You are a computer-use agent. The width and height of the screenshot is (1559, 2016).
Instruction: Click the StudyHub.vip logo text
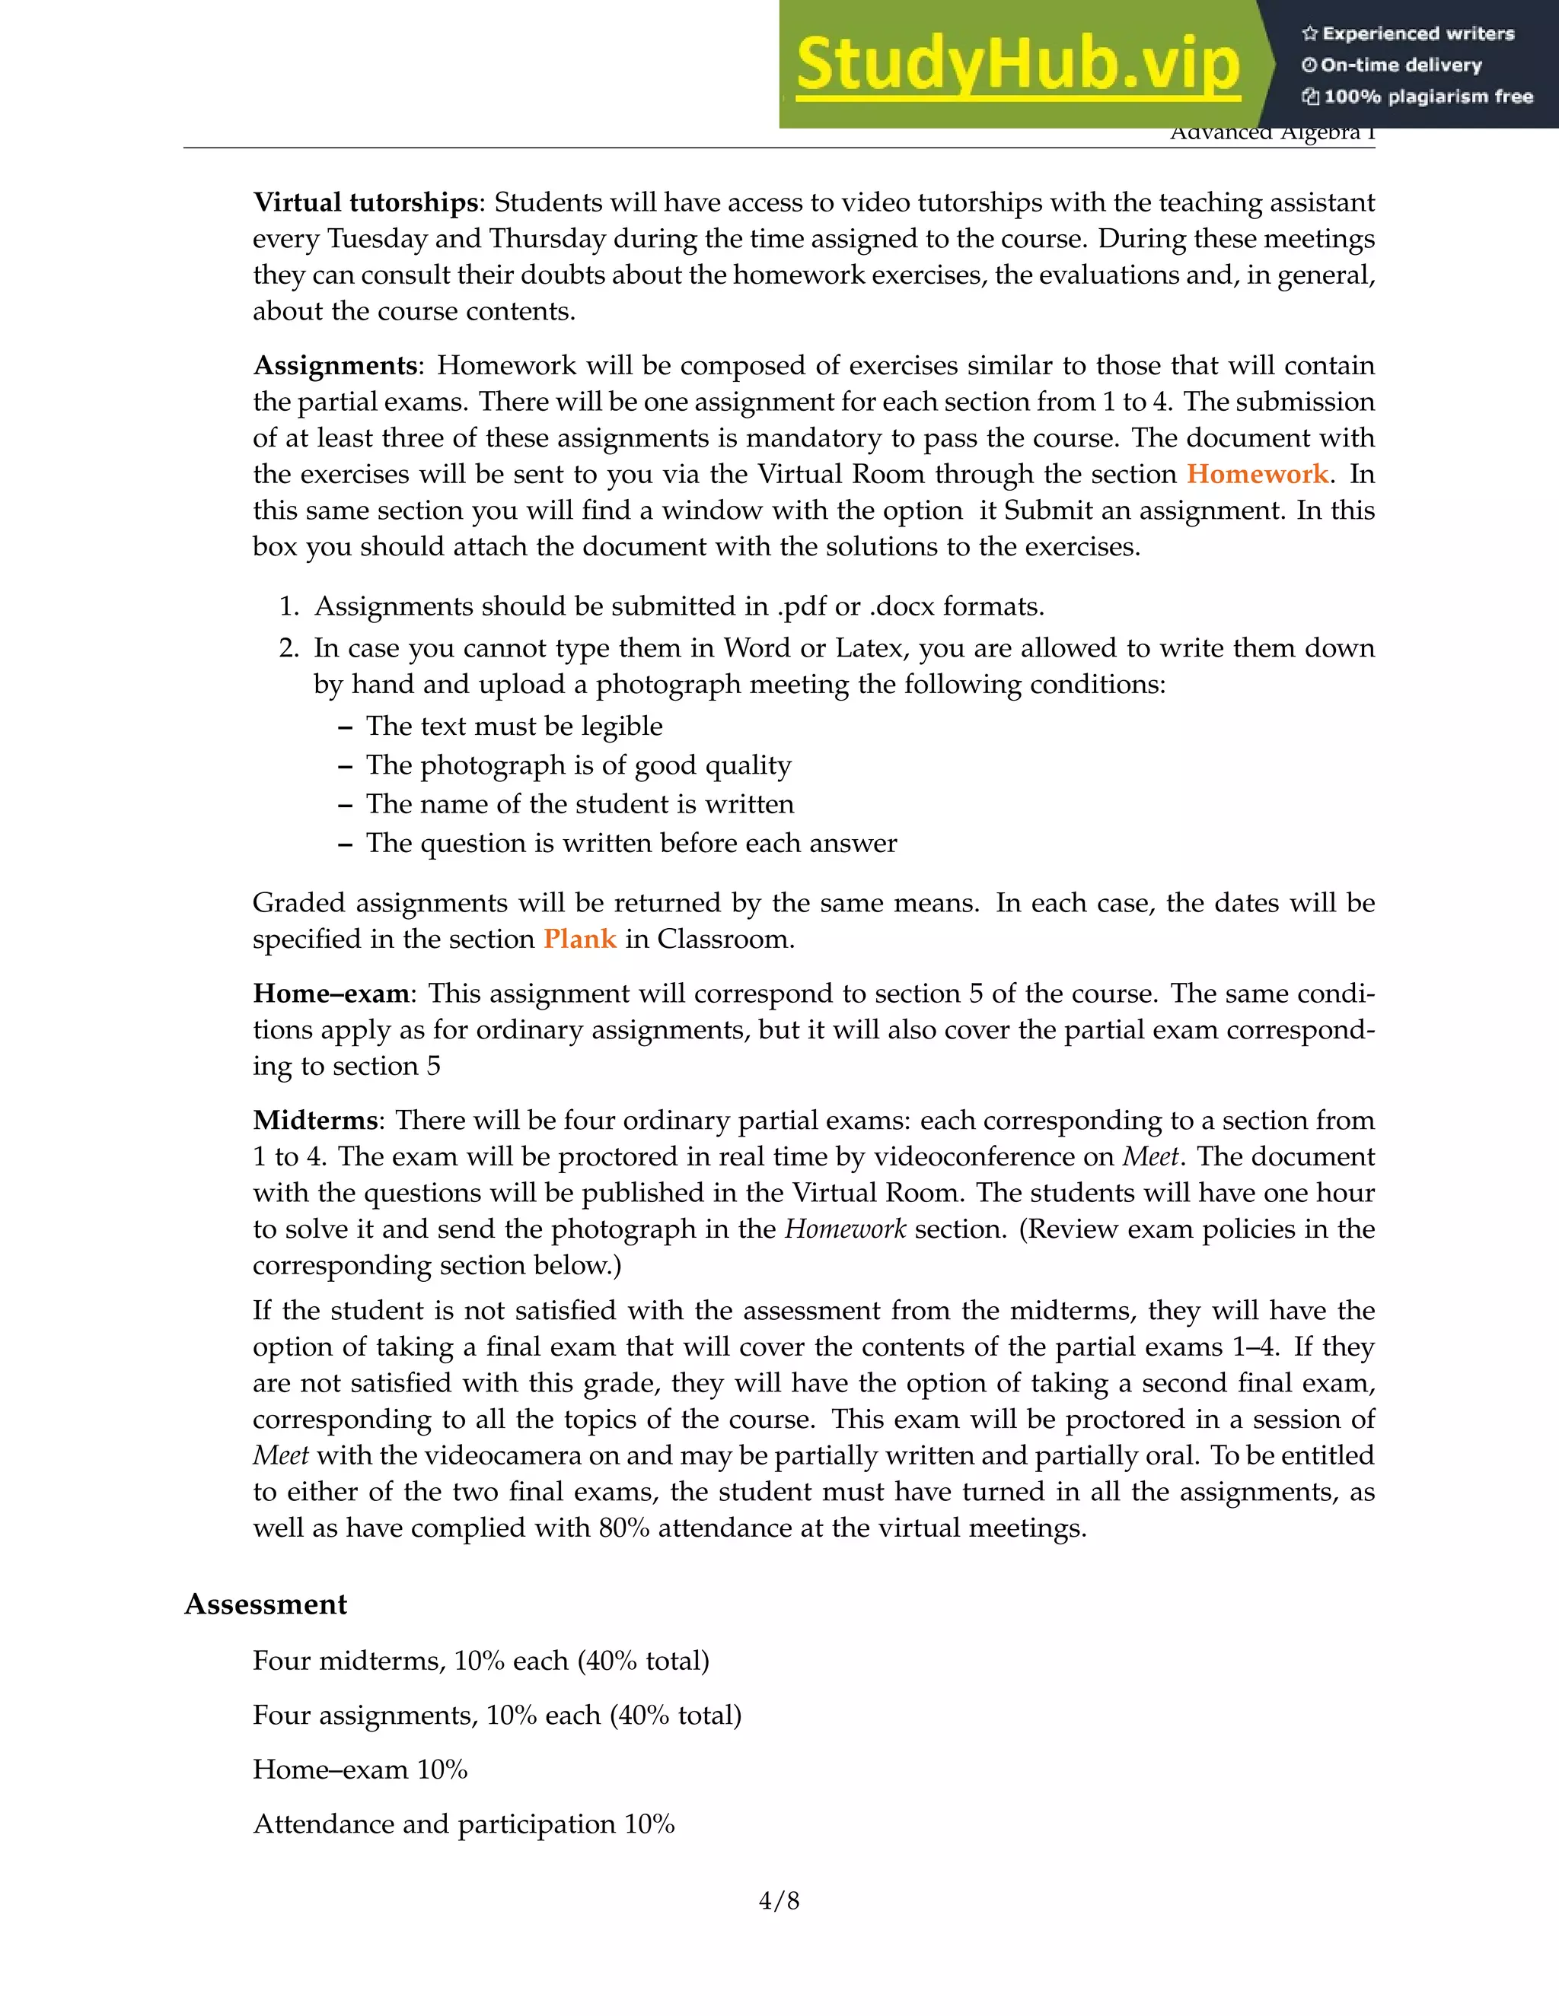1017,65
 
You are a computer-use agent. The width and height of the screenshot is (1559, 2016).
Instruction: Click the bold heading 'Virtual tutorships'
365,202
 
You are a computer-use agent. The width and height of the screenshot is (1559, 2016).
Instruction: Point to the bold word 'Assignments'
335,365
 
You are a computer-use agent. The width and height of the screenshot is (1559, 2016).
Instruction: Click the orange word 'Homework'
1257,475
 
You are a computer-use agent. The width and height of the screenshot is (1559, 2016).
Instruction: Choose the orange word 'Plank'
579,939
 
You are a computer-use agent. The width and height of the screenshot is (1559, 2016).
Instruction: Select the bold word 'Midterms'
315,1121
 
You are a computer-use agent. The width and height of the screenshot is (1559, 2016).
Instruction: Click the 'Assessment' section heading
266,1604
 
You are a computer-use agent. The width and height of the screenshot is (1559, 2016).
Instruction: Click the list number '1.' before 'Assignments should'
289,606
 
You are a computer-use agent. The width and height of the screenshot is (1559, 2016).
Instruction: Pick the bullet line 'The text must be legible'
514,727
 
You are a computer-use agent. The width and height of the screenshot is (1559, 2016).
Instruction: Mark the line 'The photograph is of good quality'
579,765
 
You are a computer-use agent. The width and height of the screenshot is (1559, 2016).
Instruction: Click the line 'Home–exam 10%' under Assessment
360,1770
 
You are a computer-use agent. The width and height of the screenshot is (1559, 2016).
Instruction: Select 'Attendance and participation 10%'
464,1824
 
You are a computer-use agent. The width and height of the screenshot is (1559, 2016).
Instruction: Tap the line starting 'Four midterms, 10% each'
480,1661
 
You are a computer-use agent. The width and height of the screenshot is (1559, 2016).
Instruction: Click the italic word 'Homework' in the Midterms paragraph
845,1229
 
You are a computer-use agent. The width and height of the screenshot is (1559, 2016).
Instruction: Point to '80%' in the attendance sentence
623,1528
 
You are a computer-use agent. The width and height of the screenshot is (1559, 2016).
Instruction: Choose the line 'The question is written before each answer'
631,844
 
